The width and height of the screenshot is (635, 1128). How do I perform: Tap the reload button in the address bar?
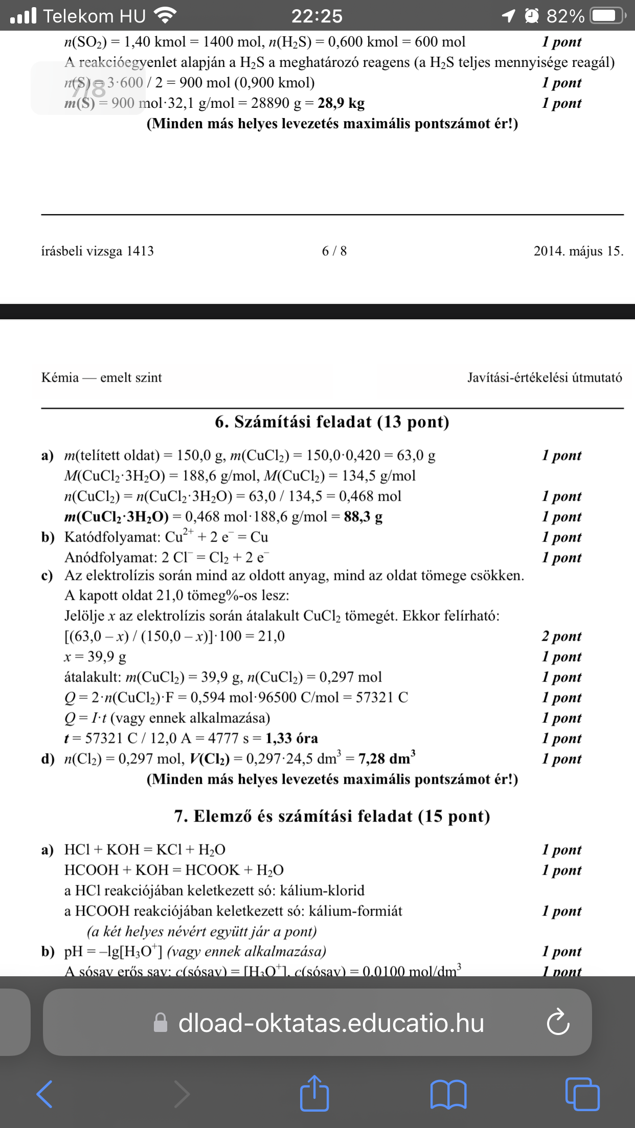click(558, 1022)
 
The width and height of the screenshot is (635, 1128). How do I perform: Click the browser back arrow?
click(45, 1094)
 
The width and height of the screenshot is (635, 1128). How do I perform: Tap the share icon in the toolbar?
click(314, 1093)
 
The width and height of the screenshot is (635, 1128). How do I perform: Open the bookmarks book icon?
click(448, 1094)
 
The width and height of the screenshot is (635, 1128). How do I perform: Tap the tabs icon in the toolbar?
click(582, 1094)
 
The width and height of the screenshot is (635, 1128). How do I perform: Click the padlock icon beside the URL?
click(161, 1023)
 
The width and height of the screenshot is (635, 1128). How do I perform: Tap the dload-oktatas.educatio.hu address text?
click(331, 1023)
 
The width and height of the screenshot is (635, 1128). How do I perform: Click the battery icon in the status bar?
click(607, 16)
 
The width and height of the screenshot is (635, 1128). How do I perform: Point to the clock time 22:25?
click(317, 16)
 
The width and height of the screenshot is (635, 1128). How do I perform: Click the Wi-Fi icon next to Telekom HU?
click(165, 16)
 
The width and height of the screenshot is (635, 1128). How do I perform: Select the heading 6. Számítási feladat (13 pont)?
click(332, 422)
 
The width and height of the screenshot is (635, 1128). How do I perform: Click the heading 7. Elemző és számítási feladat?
click(332, 816)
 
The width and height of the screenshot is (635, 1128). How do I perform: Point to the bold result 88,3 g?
click(363, 516)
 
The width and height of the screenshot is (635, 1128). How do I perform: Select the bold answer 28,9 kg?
click(341, 103)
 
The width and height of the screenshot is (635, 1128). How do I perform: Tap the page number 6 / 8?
click(334, 251)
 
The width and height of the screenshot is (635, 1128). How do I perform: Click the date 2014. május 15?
click(578, 251)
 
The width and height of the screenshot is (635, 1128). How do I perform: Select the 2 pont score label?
click(561, 636)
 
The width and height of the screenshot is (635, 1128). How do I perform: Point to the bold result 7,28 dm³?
click(387, 758)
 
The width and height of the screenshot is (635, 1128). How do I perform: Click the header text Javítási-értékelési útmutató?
click(545, 378)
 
